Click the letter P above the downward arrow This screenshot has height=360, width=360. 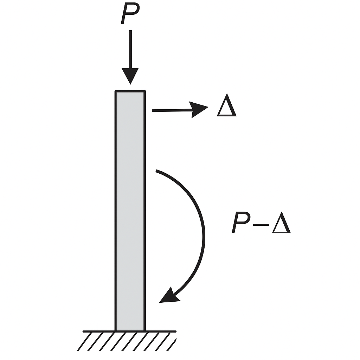point(130,13)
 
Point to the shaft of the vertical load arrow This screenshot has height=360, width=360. point(130,49)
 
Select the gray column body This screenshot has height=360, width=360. point(130,211)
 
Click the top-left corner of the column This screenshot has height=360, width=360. point(115,91)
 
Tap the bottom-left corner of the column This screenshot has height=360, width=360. point(115,331)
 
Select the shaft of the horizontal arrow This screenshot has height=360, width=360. point(172,110)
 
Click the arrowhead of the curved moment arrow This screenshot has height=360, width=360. point(169,296)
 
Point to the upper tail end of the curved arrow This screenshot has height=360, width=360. point(156,171)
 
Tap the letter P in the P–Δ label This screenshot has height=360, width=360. point(241,222)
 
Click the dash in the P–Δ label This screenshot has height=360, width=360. point(261,225)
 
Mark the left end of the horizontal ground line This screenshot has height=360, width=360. point(83,331)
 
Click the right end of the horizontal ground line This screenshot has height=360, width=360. point(176,331)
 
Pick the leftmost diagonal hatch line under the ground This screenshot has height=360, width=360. point(84,341)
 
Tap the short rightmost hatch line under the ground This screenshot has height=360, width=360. point(171,345)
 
